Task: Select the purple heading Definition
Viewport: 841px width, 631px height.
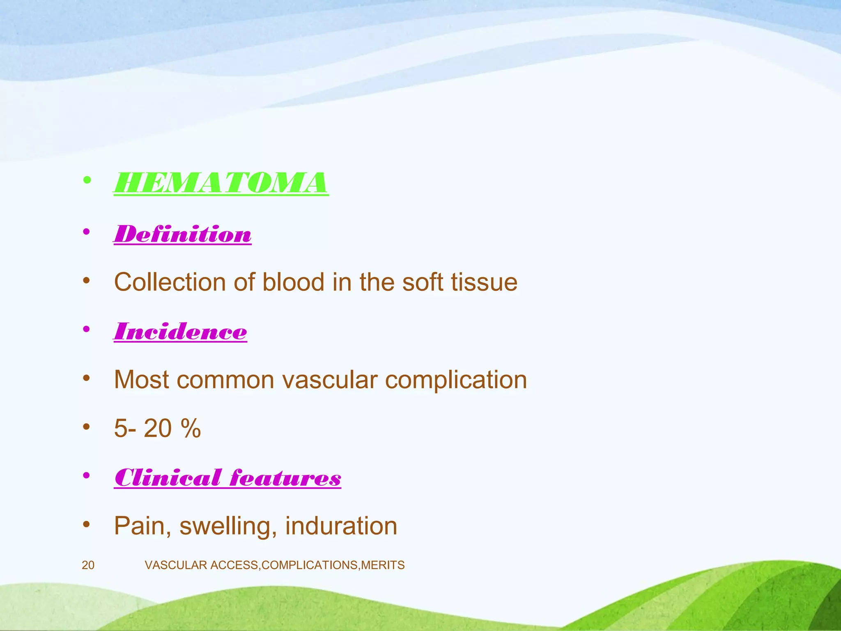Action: [x=183, y=234]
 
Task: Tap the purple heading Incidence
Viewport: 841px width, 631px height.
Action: [x=181, y=332]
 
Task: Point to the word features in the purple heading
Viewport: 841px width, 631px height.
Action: [x=285, y=478]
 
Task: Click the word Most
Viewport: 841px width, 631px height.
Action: [x=141, y=380]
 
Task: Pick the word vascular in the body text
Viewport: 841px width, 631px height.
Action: [x=330, y=380]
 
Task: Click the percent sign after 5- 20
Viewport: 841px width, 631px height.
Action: [x=190, y=428]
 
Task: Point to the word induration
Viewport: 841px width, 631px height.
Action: [x=341, y=526]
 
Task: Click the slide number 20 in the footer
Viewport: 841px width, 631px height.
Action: [x=88, y=565]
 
